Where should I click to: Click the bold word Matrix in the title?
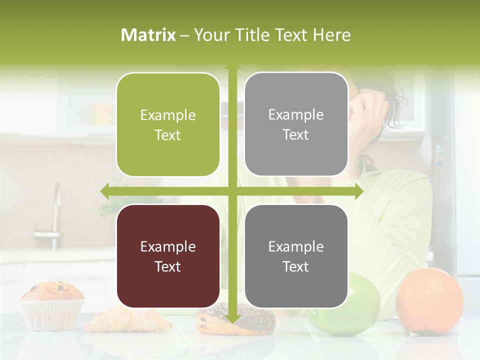tap(148, 35)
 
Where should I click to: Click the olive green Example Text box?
tap(168, 125)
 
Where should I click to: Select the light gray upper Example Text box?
tap(296, 124)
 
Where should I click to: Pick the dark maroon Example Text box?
tap(168, 256)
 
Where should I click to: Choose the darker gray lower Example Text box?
tap(296, 256)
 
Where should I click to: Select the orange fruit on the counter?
tap(429, 300)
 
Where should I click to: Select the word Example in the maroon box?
tap(168, 247)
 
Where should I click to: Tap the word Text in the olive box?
tap(168, 135)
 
